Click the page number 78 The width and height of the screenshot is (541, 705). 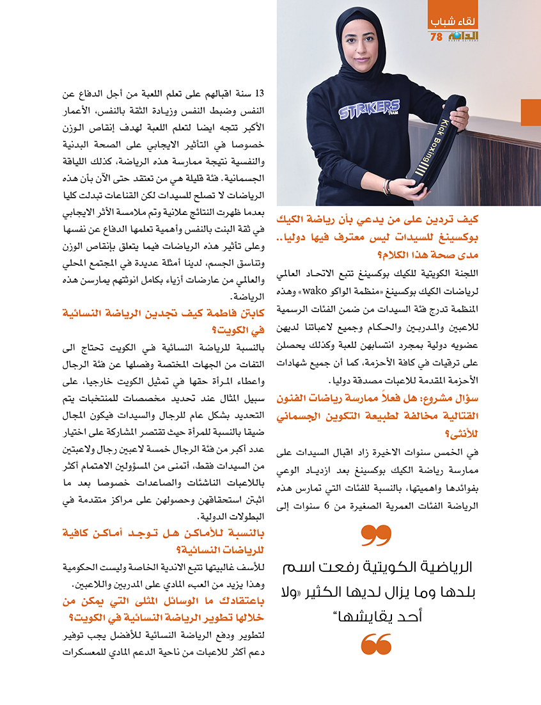tap(436, 37)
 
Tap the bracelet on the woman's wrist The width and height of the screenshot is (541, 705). tap(387, 186)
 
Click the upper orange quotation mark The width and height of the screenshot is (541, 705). tap(376, 535)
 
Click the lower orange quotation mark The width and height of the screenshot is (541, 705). tap(376, 644)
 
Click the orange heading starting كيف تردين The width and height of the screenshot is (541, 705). tap(409, 232)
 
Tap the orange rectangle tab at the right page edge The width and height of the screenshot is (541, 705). tap(531, 113)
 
